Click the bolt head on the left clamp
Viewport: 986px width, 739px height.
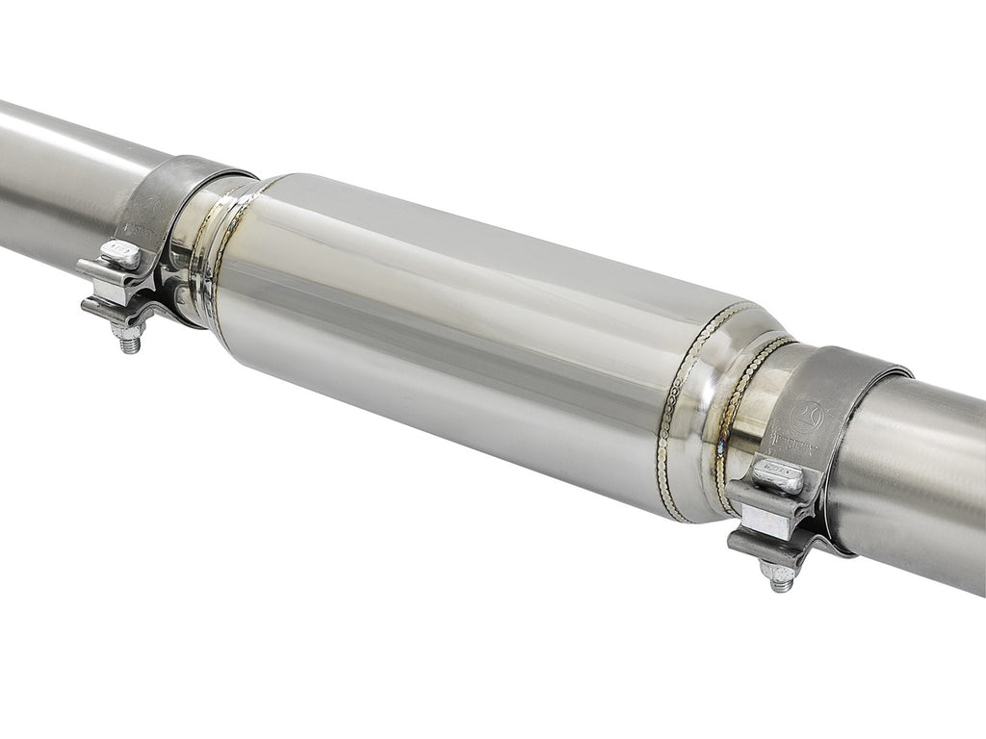click(121, 255)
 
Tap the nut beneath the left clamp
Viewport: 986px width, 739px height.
click(127, 328)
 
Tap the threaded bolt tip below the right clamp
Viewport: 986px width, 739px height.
click(781, 579)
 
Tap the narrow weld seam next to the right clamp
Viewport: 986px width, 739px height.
click(737, 414)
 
